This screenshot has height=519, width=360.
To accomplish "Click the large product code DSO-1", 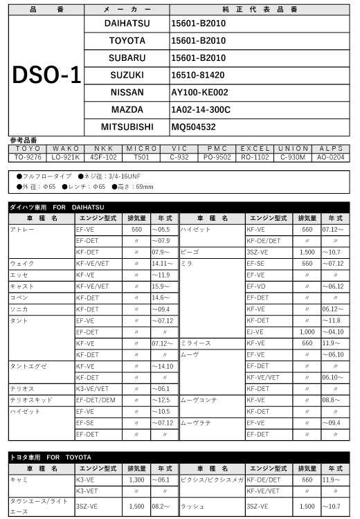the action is (46, 75).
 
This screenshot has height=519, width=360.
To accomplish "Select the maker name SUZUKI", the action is (127, 75).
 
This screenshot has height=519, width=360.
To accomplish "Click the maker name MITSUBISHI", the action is (127, 127).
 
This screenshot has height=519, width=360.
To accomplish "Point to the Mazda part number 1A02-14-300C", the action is (201, 109).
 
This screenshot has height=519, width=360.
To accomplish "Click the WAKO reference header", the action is (66, 149).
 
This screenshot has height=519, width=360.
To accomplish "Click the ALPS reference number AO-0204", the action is (331, 157).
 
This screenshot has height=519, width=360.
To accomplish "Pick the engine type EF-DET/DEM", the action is (96, 400).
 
